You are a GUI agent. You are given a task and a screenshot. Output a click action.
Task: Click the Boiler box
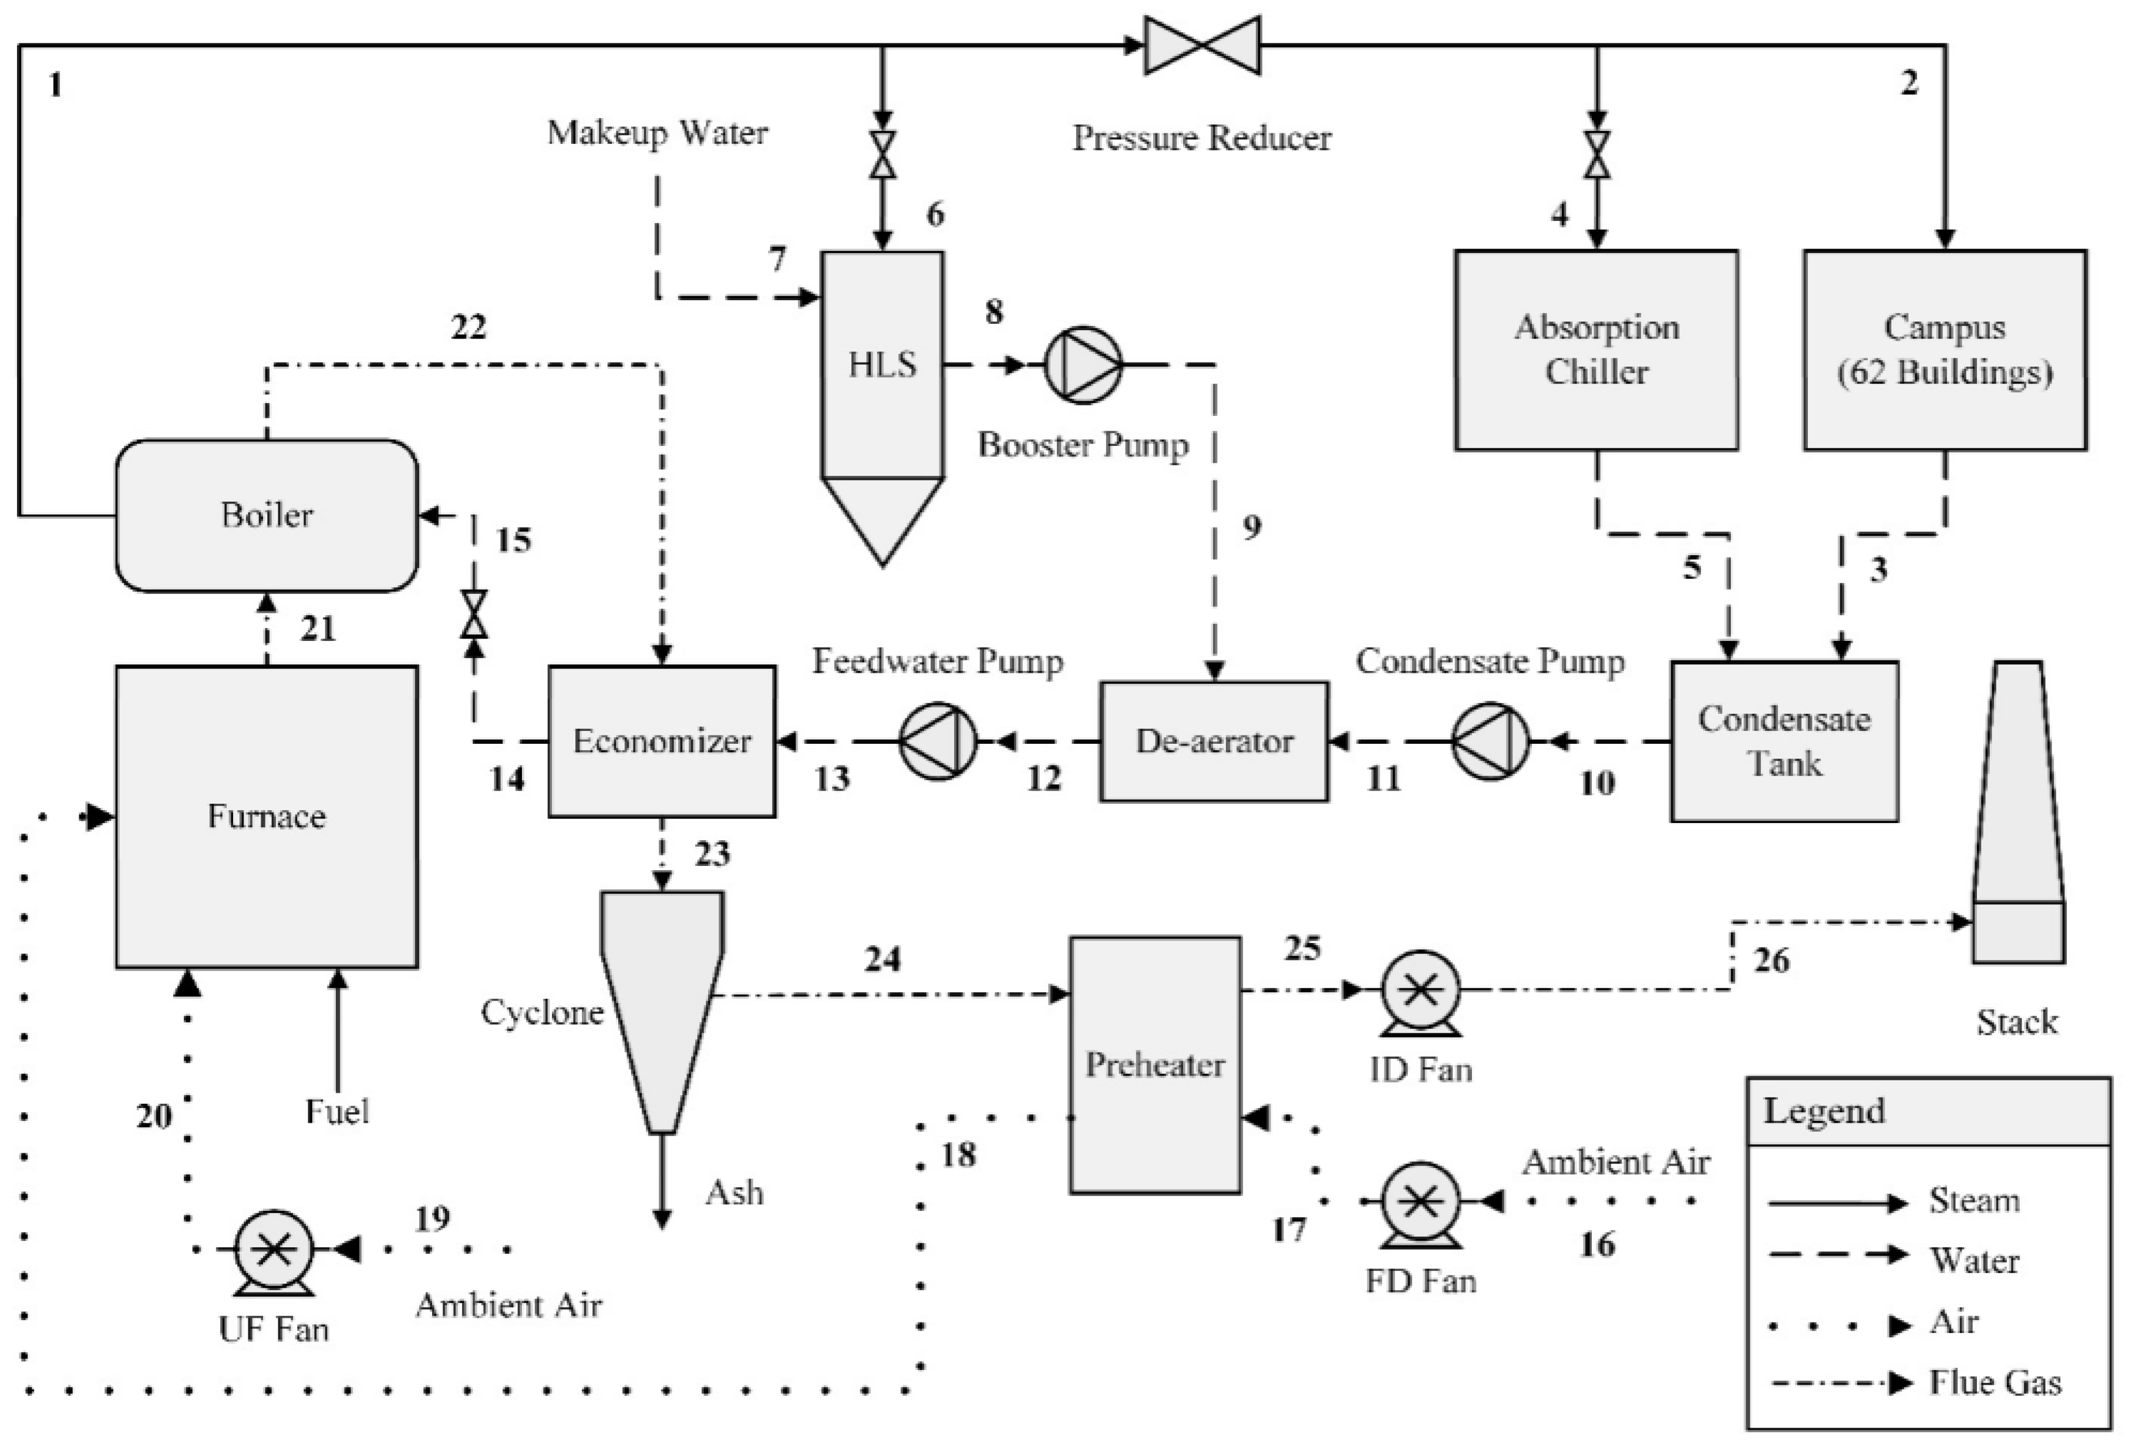click(x=267, y=515)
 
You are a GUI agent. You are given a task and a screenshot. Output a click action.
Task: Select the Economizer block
click(x=661, y=740)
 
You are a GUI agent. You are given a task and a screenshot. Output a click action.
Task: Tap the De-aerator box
click(x=1214, y=740)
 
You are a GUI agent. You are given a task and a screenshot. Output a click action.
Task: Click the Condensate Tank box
click(x=1784, y=740)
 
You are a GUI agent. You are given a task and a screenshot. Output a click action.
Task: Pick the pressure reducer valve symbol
click(x=1202, y=45)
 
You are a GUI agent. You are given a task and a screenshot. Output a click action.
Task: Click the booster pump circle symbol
click(x=1083, y=365)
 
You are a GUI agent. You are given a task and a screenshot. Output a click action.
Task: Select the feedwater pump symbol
click(x=938, y=740)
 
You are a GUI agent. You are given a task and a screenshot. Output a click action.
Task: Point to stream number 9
click(x=1251, y=527)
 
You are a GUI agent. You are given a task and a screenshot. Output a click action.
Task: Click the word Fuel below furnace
click(x=337, y=1112)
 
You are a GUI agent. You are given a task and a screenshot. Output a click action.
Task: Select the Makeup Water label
click(x=657, y=133)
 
